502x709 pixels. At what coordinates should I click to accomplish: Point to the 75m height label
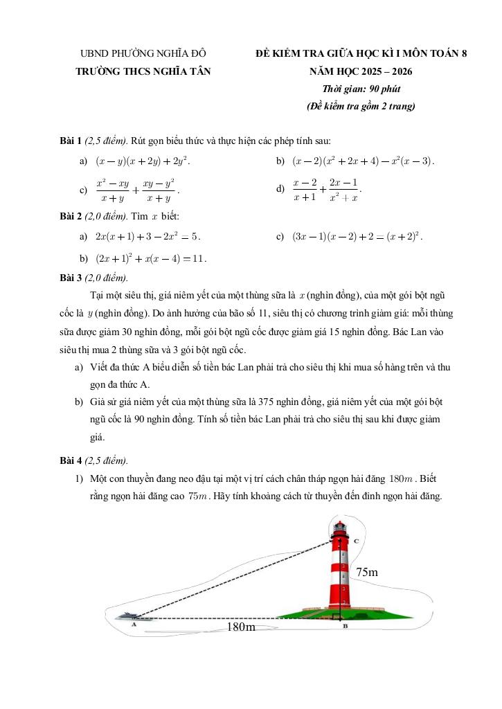(x=367, y=572)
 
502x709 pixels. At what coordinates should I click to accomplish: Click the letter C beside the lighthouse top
(x=355, y=540)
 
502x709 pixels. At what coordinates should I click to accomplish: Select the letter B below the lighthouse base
(x=345, y=627)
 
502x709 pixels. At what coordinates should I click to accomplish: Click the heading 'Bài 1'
(x=71, y=141)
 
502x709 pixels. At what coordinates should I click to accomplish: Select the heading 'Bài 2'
(x=71, y=216)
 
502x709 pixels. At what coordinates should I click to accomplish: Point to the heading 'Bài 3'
(x=71, y=278)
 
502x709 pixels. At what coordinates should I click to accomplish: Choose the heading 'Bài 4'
(x=71, y=460)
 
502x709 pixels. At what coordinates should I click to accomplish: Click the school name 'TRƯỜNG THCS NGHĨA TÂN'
(x=143, y=71)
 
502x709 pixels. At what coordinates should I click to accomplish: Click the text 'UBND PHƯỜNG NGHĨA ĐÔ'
(x=143, y=53)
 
